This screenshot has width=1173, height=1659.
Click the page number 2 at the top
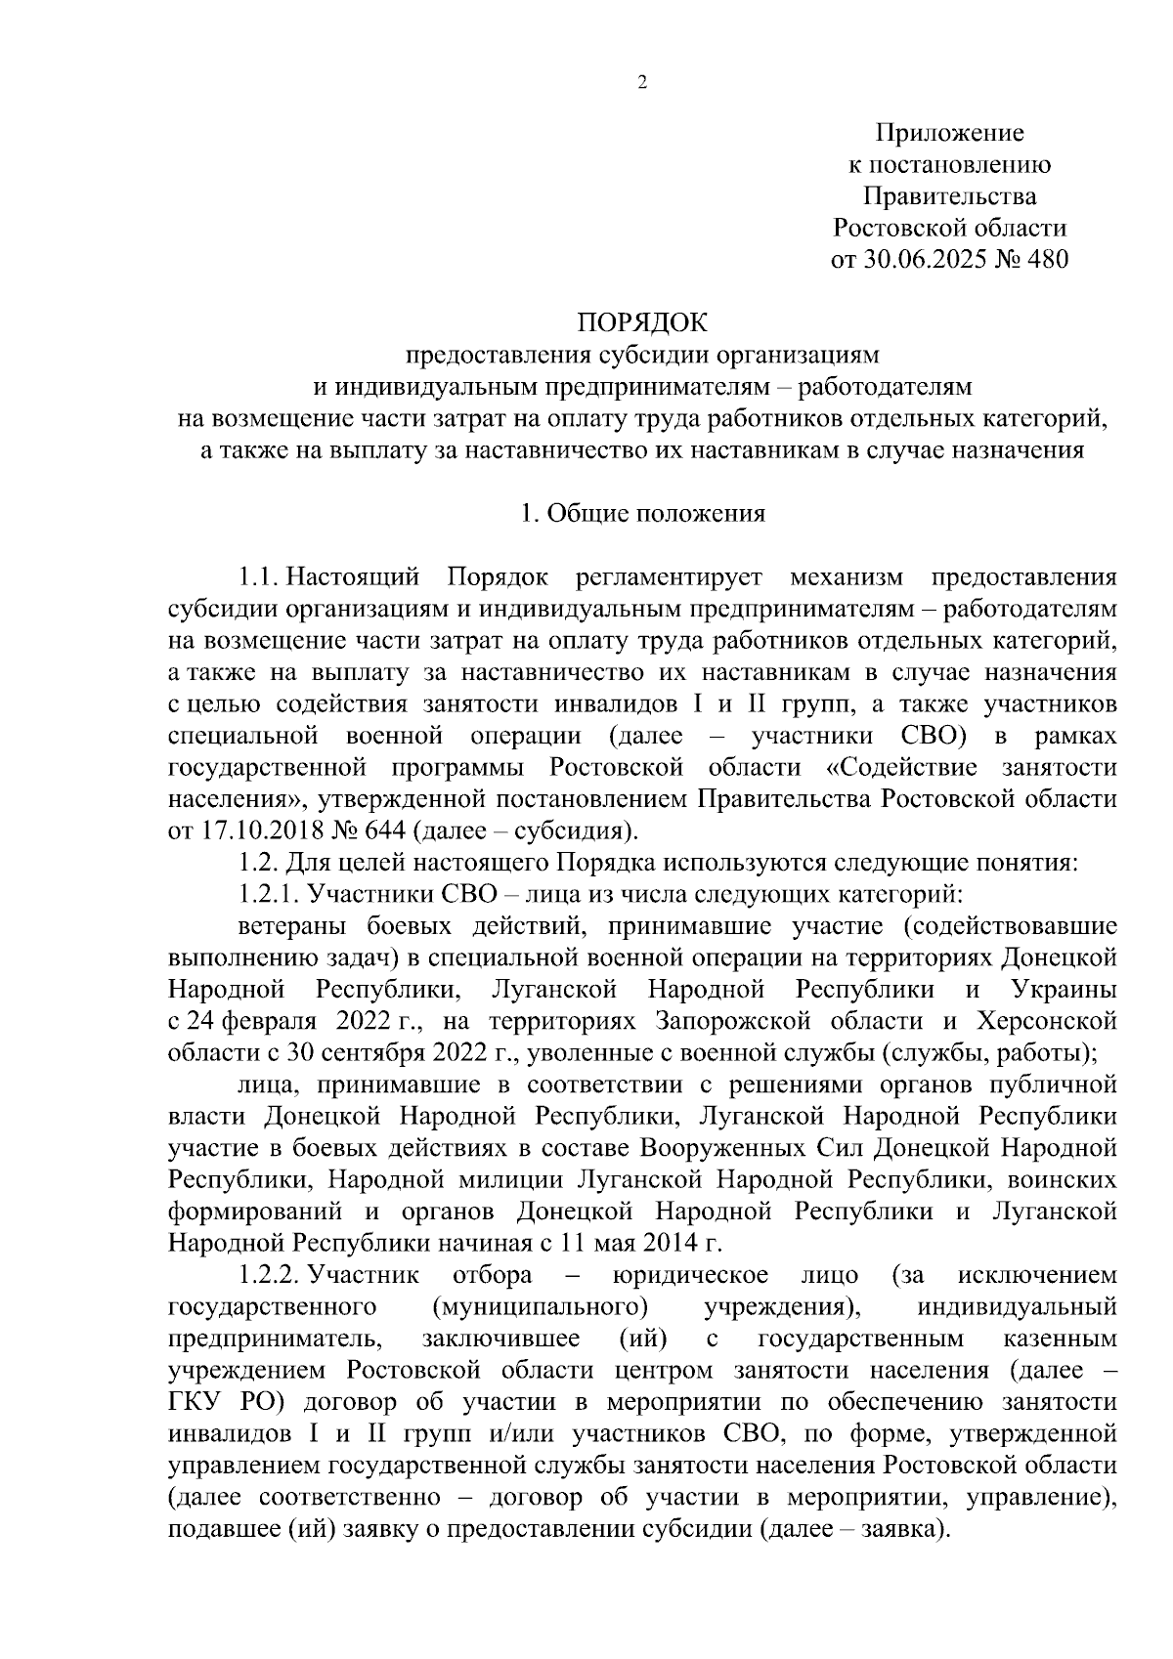click(642, 83)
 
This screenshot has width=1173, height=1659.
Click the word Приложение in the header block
click(949, 133)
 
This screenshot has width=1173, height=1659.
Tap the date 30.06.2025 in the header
click(923, 260)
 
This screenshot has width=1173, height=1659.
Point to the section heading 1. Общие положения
click(642, 514)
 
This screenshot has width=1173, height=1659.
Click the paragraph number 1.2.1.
click(270, 894)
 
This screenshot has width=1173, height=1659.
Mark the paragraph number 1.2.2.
click(270, 1276)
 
